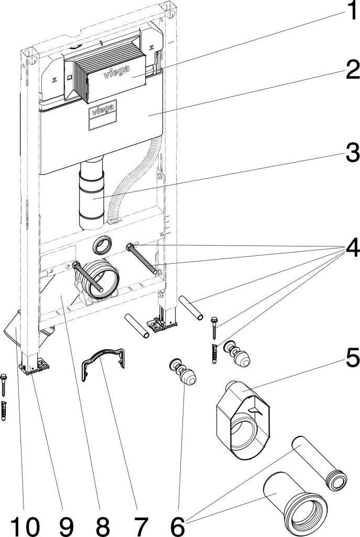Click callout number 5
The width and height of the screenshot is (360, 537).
(347, 359)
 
